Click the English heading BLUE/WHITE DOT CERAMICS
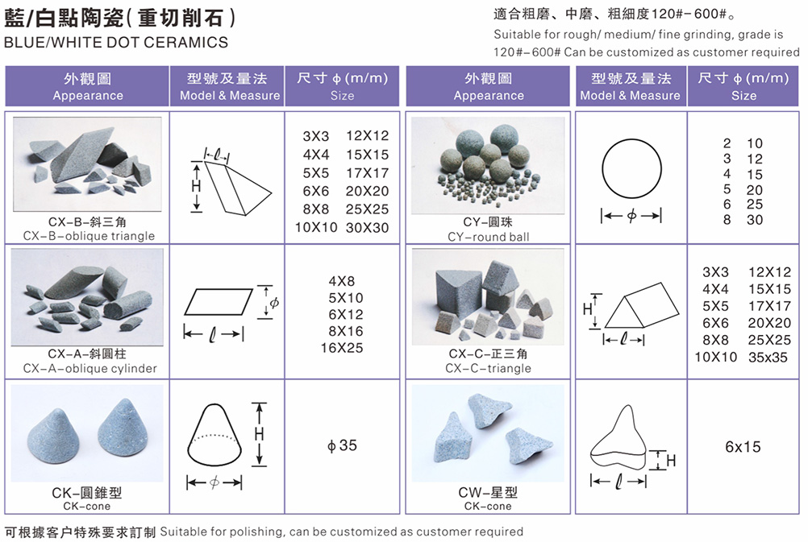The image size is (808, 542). click(x=116, y=42)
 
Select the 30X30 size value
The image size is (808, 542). click(x=368, y=227)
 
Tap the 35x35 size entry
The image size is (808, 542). click(x=768, y=358)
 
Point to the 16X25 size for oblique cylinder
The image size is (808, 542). click(x=342, y=349)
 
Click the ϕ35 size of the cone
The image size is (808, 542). click(x=342, y=445)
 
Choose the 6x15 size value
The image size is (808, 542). click(x=743, y=447)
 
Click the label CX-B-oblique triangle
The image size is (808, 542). click(x=89, y=236)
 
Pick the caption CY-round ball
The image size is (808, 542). click(x=489, y=237)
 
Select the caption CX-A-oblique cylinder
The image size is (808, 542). click(x=90, y=369)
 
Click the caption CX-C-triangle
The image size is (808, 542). click(x=488, y=369)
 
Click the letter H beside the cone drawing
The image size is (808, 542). click(x=259, y=434)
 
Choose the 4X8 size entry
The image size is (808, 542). click(x=342, y=282)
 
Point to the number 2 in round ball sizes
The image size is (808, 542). click(x=727, y=143)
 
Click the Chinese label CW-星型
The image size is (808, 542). click(x=488, y=493)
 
